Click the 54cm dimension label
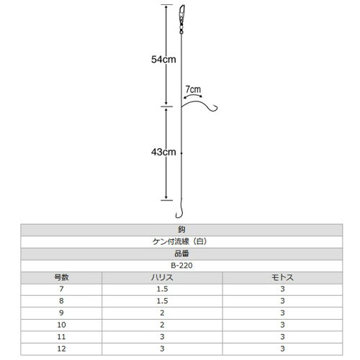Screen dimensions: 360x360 (x=163, y=59)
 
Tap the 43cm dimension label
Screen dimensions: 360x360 (x=163, y=152)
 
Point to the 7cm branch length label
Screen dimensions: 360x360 (x=193, y=89)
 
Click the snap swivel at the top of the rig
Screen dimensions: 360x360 (x=181, y=19)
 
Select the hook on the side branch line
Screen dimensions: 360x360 (x=213, y=109)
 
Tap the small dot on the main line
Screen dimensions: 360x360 (x=181, y=153)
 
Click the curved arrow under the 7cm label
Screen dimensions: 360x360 (x=193, y=95)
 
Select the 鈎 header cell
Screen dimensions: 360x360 (x=181, y=230)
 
